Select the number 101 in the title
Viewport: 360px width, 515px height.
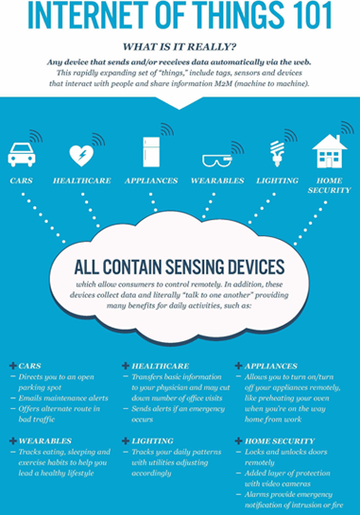pos(304,17)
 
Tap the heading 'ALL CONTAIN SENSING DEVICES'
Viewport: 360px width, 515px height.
pos(180,268)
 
